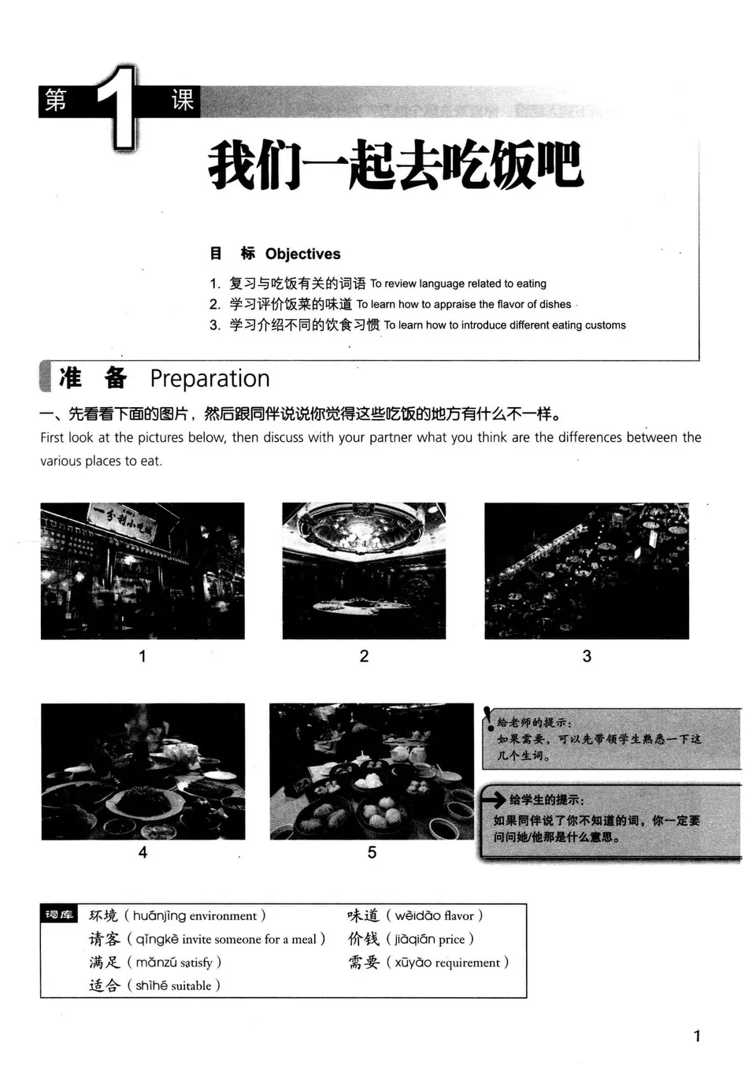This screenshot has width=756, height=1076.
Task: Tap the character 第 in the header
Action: (56, 100)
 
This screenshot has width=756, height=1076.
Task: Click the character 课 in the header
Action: (183, 100)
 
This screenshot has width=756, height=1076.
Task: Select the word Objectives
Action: (302, 254)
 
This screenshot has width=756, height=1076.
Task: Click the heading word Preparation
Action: (209, 379)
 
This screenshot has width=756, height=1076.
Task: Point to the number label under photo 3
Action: (587, 656)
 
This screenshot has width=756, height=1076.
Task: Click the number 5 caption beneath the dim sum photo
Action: (372, 852)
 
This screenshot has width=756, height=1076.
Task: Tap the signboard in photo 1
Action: (122, 520)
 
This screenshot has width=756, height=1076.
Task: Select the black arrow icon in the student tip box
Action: (494, 800)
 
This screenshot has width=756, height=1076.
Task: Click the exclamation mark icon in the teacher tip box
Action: (488, 718)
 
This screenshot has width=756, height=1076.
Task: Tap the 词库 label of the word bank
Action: (59, 915)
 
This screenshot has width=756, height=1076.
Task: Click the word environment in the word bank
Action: (223, 916)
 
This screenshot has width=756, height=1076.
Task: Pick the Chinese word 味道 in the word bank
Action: (363, 915)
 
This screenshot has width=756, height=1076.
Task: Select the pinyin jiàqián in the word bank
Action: (414, 939)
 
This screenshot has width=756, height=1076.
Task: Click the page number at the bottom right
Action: (696, 1036)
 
